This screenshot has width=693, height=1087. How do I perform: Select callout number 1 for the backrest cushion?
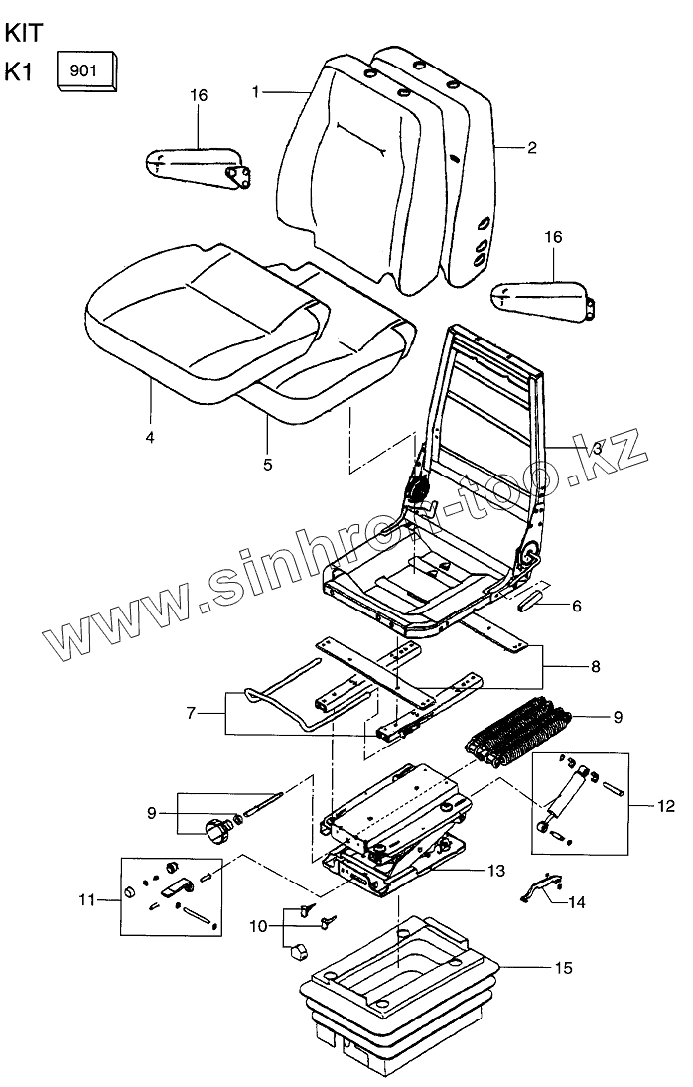[256, 92]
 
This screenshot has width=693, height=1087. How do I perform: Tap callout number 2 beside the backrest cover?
[532, 148]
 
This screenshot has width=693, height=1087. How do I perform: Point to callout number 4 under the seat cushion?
[150, 436]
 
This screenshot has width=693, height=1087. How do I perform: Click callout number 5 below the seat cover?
[267, 464]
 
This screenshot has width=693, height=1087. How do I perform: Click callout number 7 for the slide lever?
[192, 712]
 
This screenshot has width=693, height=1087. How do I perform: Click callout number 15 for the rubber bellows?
[563, 966]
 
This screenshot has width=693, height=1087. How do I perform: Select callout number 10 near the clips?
[257, 926]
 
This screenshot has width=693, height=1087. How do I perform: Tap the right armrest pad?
[541, 296]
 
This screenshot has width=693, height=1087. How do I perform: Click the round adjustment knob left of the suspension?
[216, 828]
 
